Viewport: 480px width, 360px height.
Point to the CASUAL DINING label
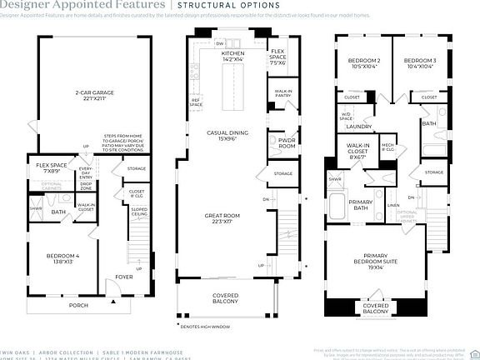tap(224, 135)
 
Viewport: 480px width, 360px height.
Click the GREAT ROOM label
tap(222, 218)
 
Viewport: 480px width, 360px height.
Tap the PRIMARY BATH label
tap(361, 205)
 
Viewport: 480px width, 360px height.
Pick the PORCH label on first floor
tap(78, 305)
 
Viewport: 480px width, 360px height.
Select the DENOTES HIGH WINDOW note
tap(204, 326)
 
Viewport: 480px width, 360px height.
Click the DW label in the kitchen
tap(218, 42)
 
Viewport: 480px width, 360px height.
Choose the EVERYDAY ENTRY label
tap(86, 172)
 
